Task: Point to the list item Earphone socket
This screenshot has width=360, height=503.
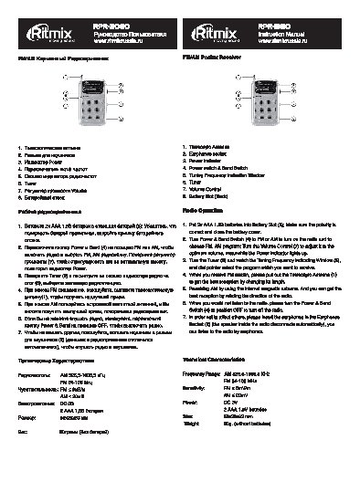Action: click(x=209, y=153)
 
